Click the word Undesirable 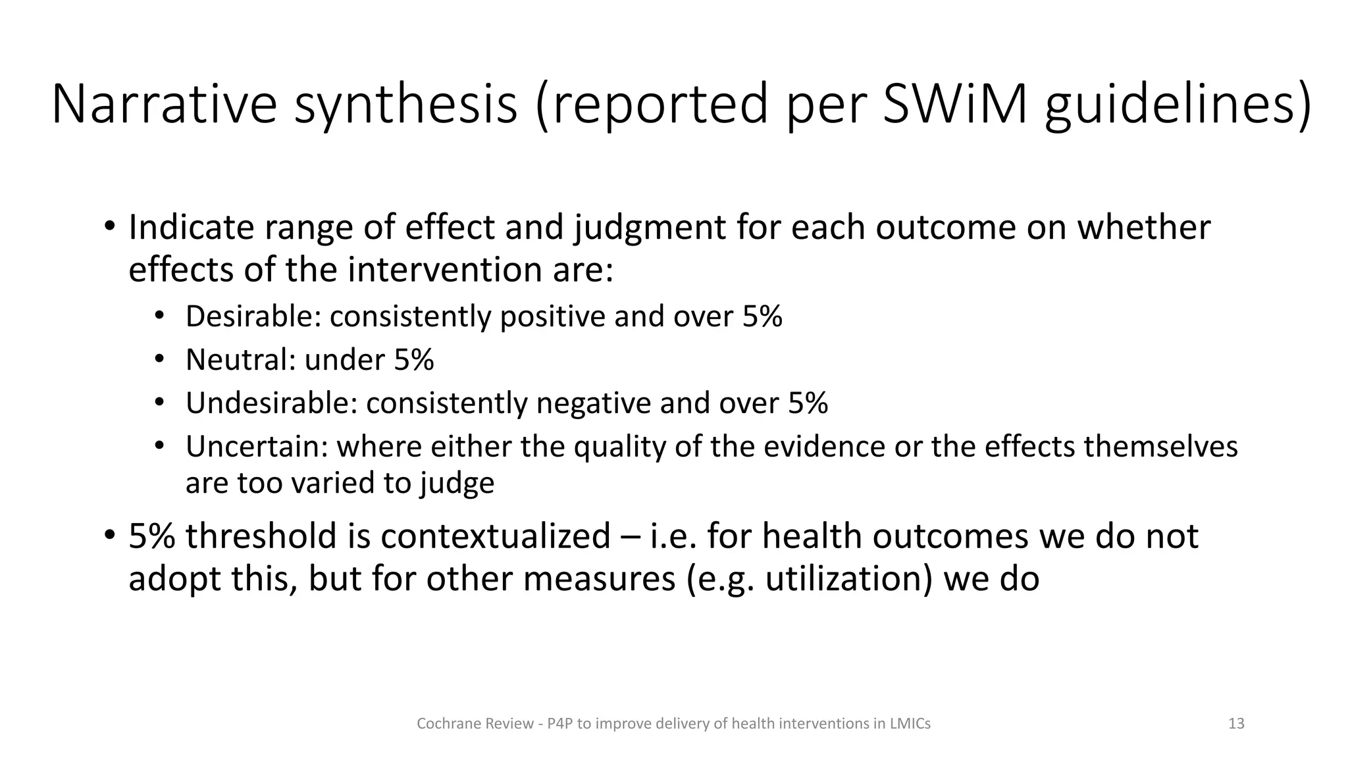point(271,403)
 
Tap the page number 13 point(1236,724)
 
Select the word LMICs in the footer point(910,724)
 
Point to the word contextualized point(495,536)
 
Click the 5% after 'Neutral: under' point(414,360)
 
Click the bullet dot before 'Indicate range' point(109,227)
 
